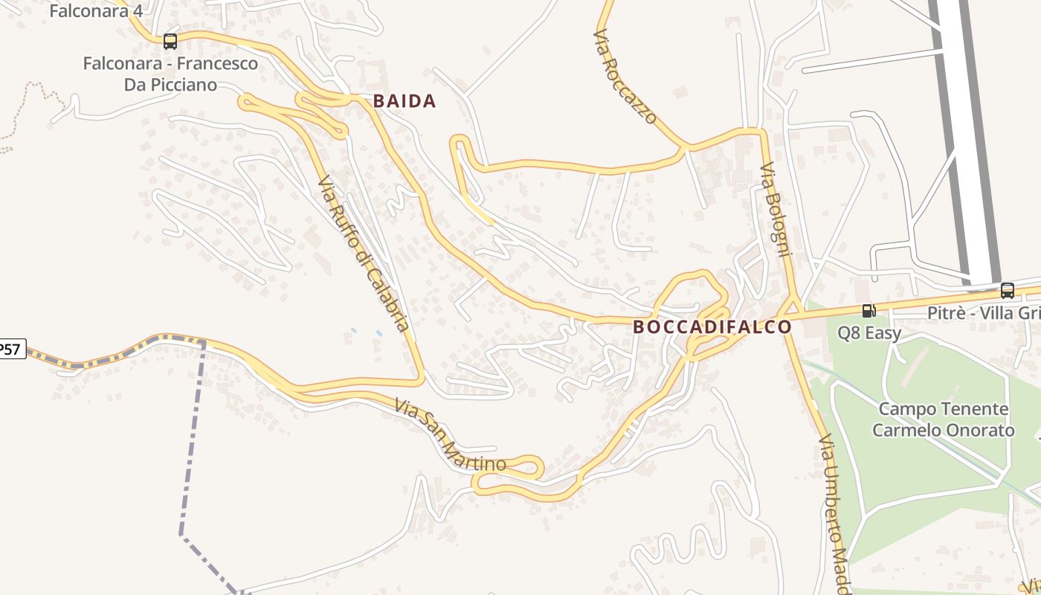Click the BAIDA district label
tap(404, 101)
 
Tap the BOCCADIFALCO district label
tap(712, 327)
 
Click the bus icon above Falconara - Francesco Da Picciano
tap(170, 42)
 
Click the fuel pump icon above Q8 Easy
tap(868, 311)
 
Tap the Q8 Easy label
tap(869, 333)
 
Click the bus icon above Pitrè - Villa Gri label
tap(1008, 291)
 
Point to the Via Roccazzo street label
tap(626, 76)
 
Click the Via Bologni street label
tap(775, 209)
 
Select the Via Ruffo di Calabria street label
tap(364, 253)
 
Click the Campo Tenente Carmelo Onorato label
tap(943, 419)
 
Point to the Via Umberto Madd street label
tap(834, 513)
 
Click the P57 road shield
tap(10, 349)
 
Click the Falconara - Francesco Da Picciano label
tap(170, 74)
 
